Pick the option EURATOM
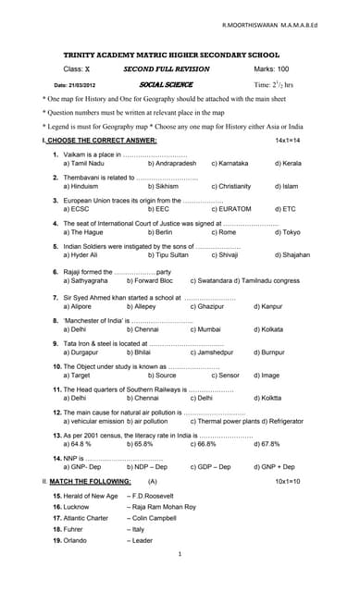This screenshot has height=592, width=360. point(231,209)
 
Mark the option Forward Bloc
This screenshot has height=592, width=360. point(153,279)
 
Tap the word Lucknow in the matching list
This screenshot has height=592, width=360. point(76,507)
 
